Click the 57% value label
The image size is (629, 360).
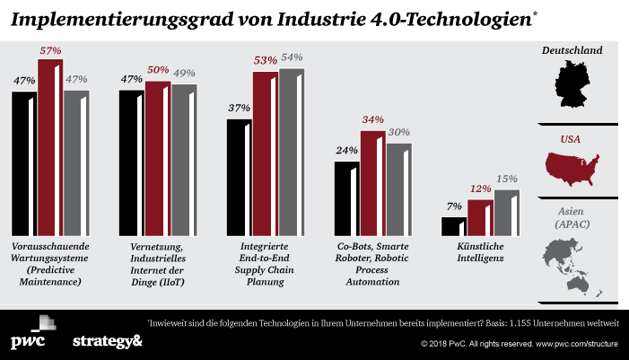(49, 51)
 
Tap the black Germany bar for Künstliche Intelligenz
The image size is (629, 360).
(454, 225)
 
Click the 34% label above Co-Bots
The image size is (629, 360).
(372, 120)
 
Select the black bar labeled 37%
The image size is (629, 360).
(239, 176)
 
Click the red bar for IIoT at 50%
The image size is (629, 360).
(157, 158)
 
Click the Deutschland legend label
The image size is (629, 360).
(578, 50)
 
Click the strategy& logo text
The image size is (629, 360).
(107, 341)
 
